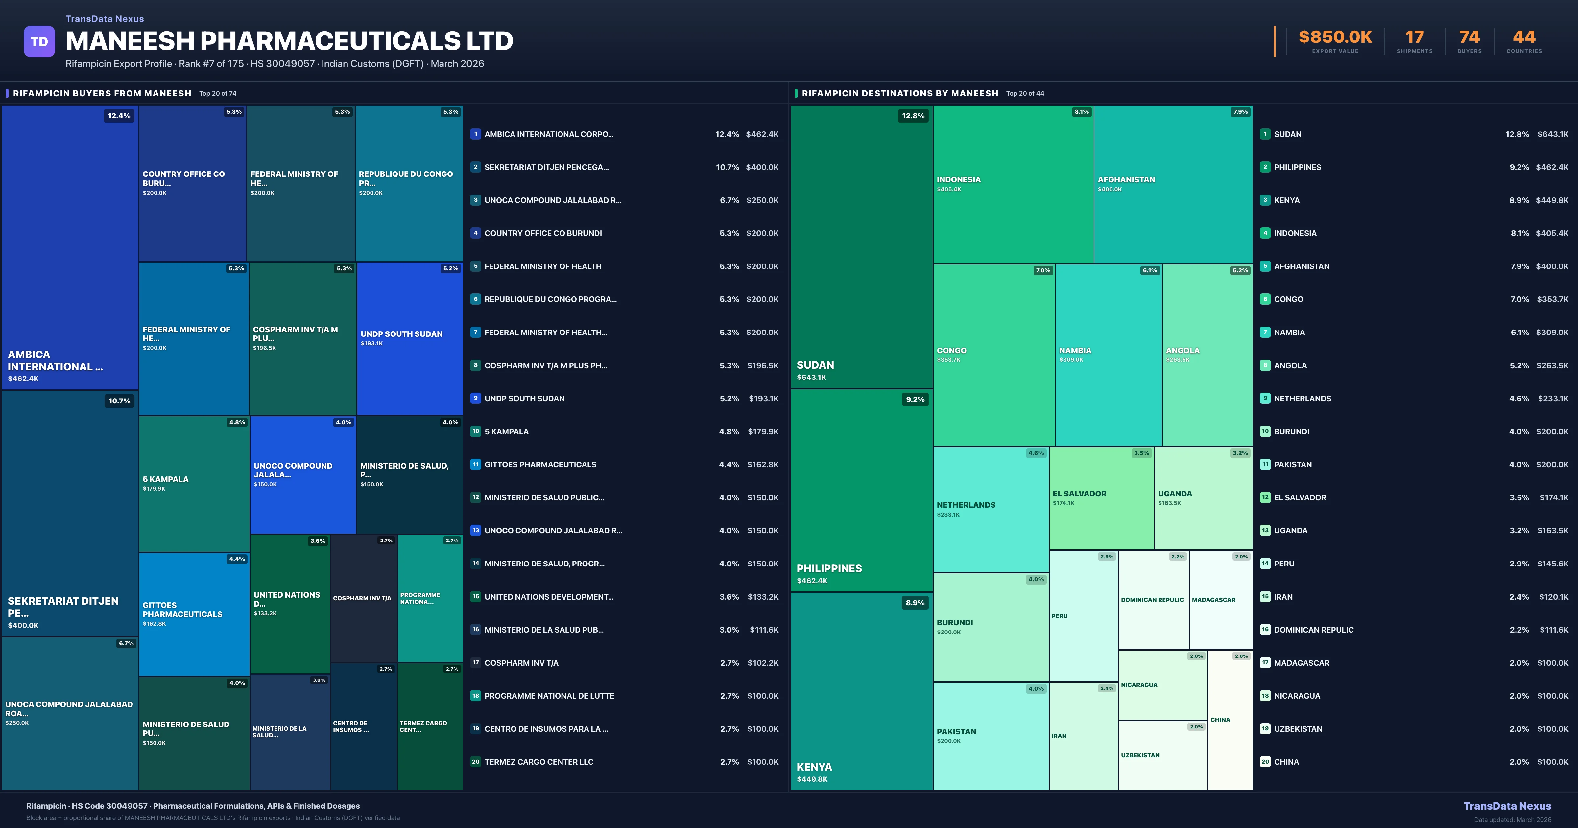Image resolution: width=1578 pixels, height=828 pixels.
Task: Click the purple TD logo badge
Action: click(39, 42)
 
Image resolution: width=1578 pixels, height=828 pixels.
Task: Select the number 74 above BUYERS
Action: click(1469, 37)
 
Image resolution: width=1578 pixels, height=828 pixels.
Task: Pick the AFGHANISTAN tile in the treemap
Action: click(1172, 184)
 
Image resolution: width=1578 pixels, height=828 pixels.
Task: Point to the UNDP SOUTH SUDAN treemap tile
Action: click(409, 338)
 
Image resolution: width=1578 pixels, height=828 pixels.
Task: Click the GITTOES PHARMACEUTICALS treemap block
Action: click(194, 614)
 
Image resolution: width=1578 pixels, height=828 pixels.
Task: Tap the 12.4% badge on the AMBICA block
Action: click(119, 116)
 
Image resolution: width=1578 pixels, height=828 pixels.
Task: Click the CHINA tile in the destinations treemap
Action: click(1230, 720)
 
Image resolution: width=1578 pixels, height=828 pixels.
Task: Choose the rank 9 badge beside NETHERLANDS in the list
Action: click(1265, 398)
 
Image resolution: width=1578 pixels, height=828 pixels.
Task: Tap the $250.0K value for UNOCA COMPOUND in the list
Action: click(762, 200)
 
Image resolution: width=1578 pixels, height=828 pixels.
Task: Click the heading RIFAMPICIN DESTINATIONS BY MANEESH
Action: click(899, 93)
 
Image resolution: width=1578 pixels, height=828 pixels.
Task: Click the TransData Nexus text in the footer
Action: click(1507, 806)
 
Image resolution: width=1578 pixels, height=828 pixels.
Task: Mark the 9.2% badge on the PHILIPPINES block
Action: click(915, 399)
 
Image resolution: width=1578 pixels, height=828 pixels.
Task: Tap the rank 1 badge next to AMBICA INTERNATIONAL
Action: click(475, 134)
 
